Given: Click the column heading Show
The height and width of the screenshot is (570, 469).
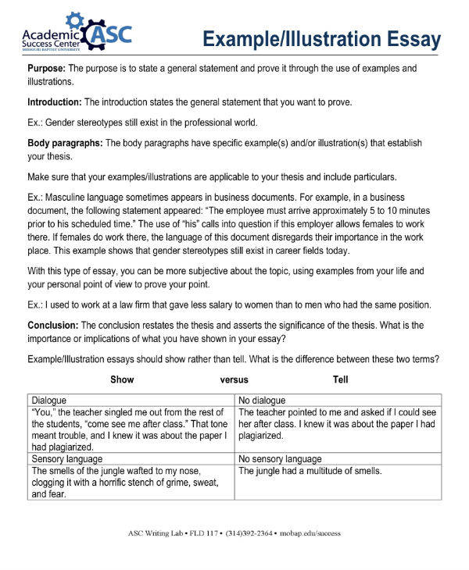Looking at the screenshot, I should click(x=122, y=380).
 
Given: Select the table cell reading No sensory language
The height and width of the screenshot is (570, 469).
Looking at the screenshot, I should click(x=279, y=459).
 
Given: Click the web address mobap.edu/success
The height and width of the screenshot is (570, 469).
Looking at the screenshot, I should click(x=311, y=534).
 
